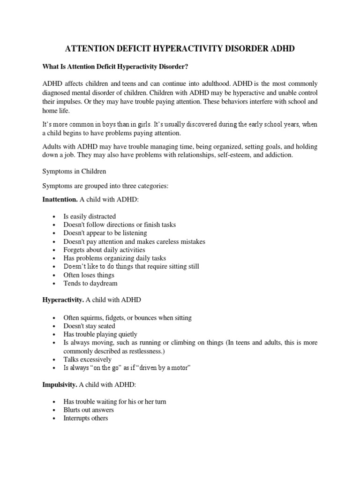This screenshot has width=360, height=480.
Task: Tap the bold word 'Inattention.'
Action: (x=60, y=200)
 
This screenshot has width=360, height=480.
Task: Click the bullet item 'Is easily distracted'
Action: (x=90, y=216)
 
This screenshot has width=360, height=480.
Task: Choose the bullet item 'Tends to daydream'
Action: (x=90, y=283)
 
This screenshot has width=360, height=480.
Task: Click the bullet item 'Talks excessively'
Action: (x=88, y=360)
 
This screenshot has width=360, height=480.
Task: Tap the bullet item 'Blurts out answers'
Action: (x=89, y=410)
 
